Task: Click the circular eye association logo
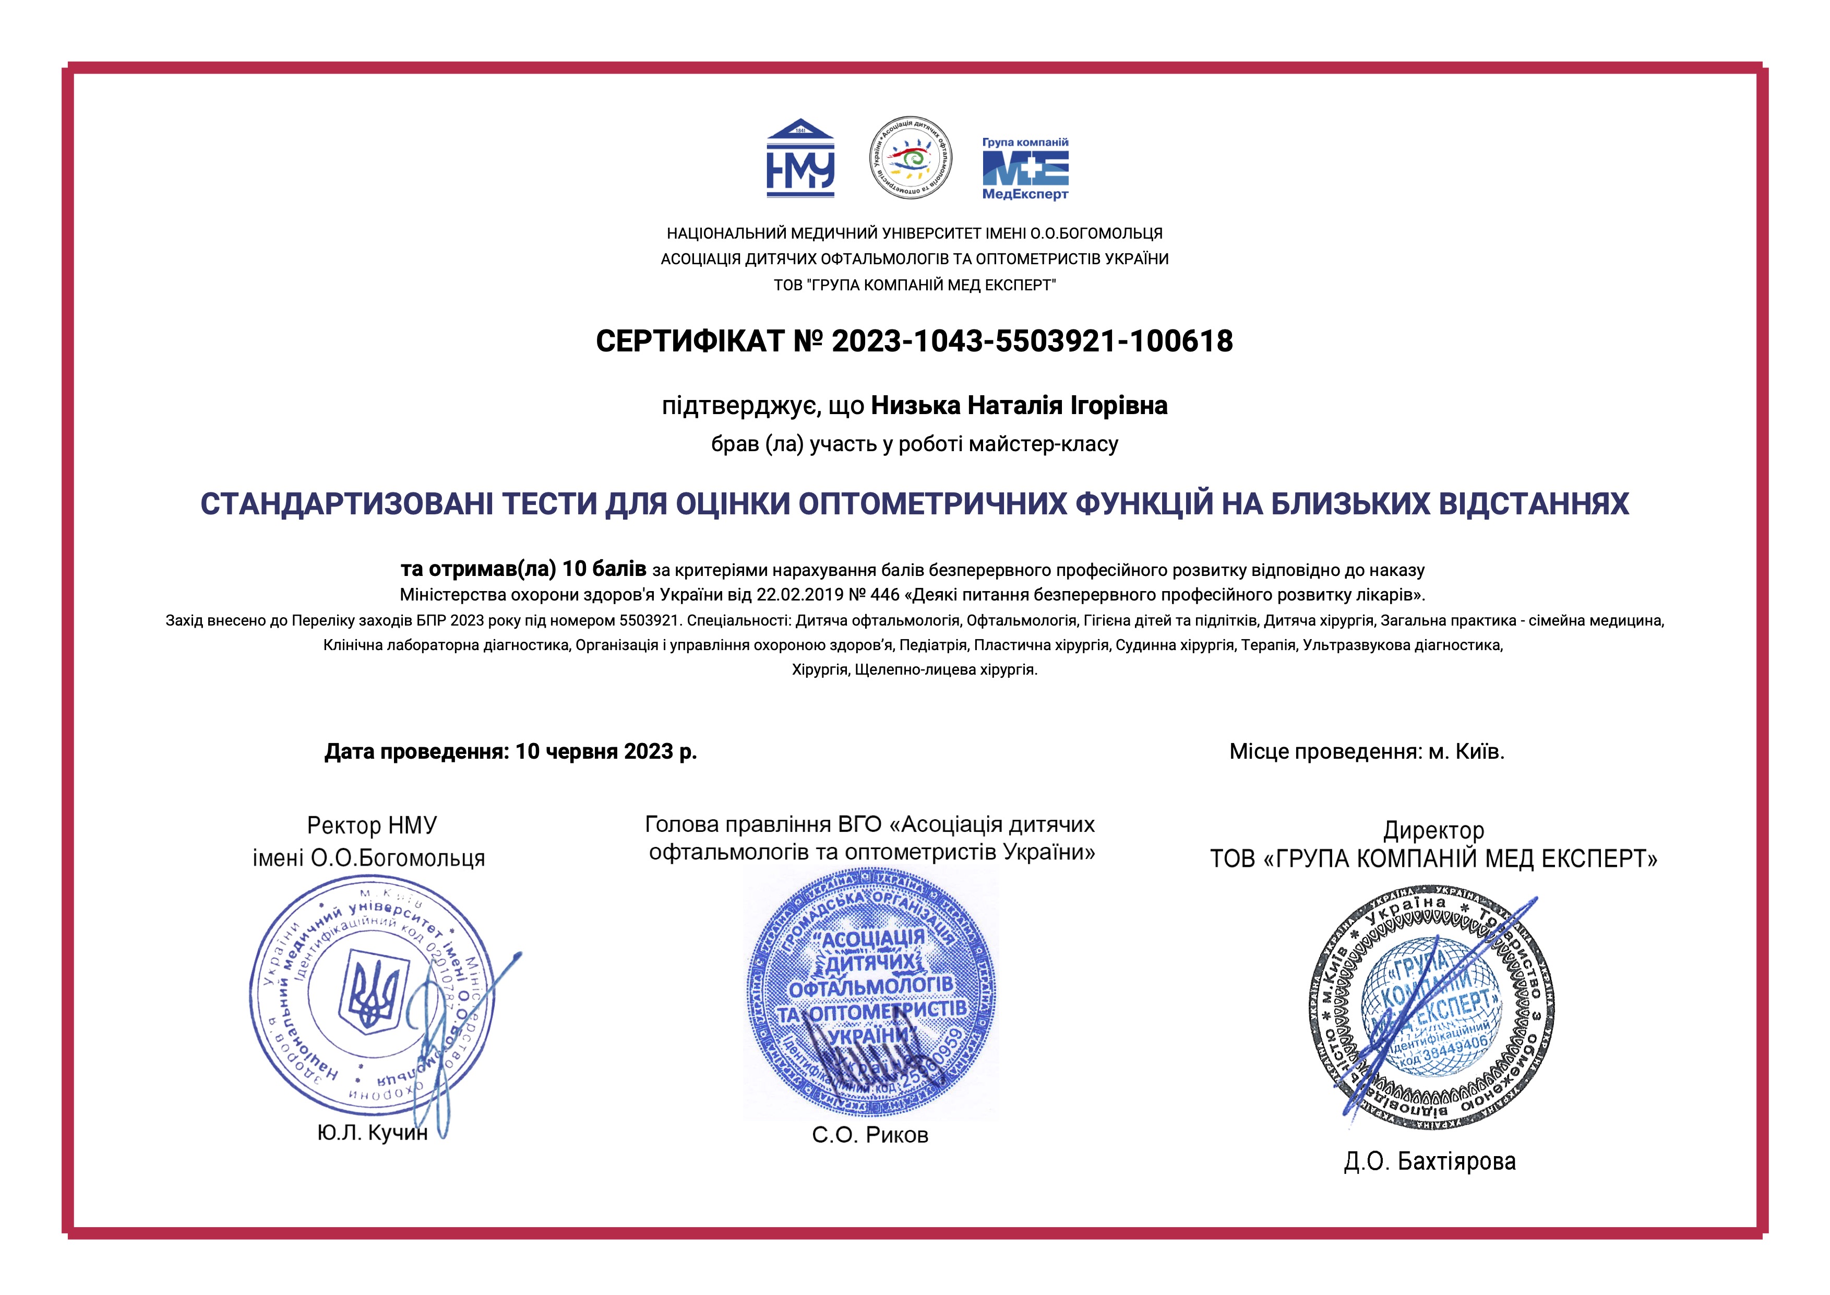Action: coord(910,158)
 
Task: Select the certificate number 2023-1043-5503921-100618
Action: coord(1032,342)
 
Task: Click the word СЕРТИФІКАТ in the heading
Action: coord(690,342)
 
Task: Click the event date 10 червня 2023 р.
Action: coord(606,752)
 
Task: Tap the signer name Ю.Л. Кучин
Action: coord(372,1132)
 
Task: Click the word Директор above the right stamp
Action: coord(1433,831)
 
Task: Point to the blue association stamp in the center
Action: coord(870,993)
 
